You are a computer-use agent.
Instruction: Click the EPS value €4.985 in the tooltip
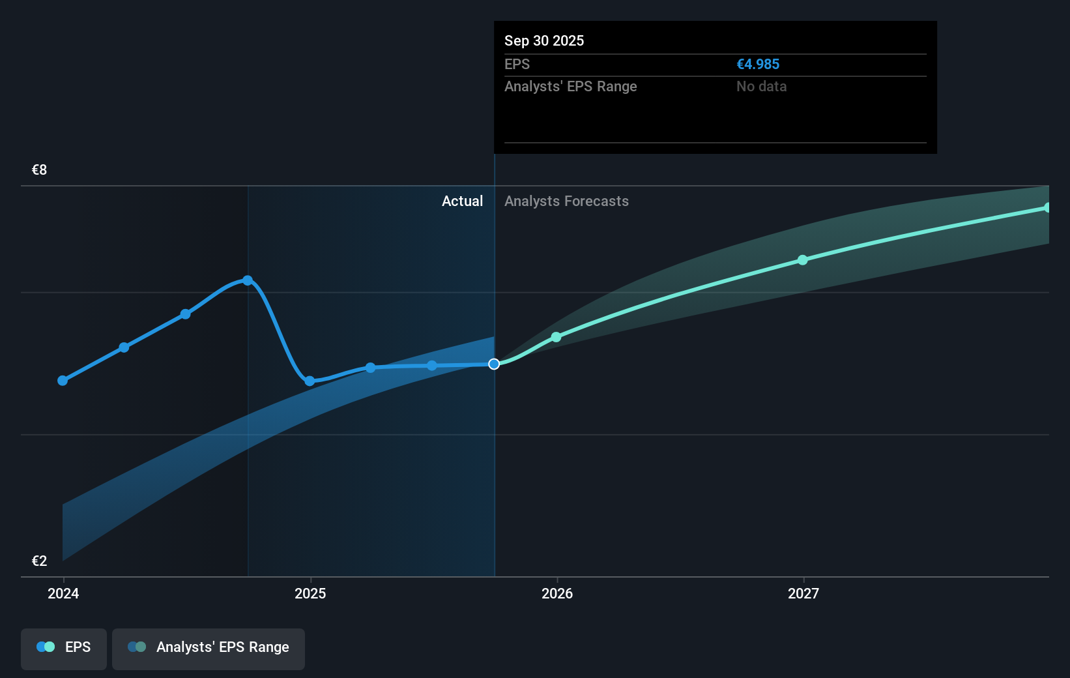pos(757,65)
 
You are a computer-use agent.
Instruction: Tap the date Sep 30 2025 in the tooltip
pos(543,41)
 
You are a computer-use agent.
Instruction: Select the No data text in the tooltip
pos(761,87)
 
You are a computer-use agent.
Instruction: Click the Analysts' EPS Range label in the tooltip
pos(570,87)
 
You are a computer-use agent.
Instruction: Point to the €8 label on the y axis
pos(39,170)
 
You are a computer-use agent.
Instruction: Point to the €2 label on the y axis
pos(39,561)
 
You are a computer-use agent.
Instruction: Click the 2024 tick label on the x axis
pos(63,593)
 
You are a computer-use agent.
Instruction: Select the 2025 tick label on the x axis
pos(310,593)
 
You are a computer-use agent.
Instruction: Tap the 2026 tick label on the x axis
pos(557,593)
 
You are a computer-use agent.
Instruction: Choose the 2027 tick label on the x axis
pos(803,593)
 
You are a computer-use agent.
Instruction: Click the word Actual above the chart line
pos(462,201)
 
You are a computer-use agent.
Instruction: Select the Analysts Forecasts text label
pos(566,201)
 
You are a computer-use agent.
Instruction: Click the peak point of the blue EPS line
pos(248,280)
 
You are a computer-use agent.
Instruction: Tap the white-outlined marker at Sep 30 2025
pos(494,364)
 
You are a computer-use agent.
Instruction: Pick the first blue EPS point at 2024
pos(63,381)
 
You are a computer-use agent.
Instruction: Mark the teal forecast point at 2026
pos(556,337)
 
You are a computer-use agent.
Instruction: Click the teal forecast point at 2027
pos(803,260)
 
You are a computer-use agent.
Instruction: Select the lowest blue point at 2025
pos(310,381)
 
